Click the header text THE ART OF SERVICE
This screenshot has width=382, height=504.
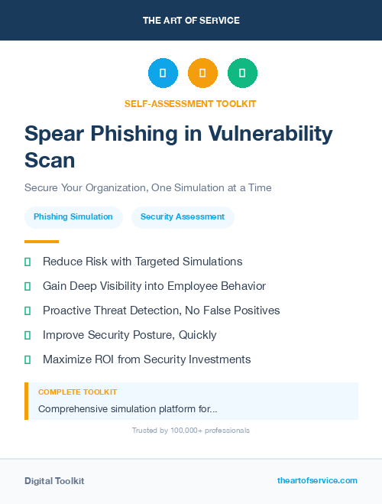[191, 21]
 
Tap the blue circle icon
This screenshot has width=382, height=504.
[163, 73]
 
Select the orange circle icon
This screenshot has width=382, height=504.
[202, 73]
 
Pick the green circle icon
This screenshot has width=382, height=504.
[242, 73]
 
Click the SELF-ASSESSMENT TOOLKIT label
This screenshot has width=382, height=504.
[190, 103]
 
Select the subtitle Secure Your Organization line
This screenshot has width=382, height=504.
[147, 187]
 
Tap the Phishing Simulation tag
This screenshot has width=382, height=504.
[73, 217]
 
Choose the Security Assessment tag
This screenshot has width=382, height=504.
[183, 217]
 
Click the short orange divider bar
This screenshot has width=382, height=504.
[41, 242]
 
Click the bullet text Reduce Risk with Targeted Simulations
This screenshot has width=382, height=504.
[142, 262]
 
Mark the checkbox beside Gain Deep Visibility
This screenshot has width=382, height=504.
[28, 286]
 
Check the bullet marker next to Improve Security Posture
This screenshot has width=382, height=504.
[28, 335]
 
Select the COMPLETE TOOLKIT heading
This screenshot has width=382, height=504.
[77, 392]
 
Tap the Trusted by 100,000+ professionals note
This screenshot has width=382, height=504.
[191, 431]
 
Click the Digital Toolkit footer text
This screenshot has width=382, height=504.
[54, 481]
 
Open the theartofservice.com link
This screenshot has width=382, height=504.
[317, 480]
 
